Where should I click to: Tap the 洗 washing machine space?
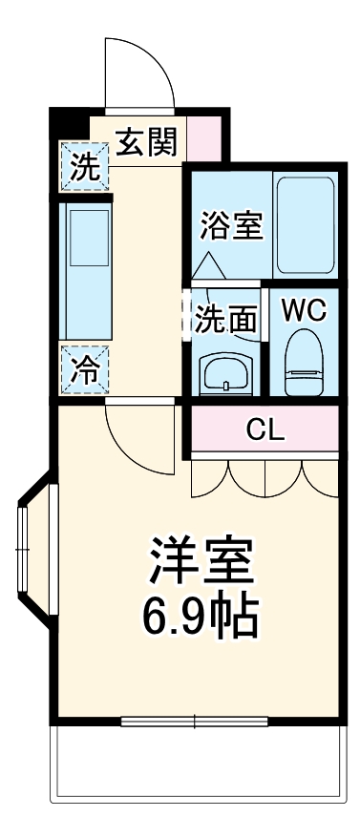click(x=85, y=167)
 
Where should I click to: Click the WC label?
click(x=305, y=310)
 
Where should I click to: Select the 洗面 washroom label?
click(x=226, y=320)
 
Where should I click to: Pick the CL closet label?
click(x=265, y=430)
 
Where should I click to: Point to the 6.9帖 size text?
click(x=201, y=619)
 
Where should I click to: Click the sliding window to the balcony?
click(x=197, y=721)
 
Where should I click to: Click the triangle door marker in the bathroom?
click(x=209, y=261)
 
